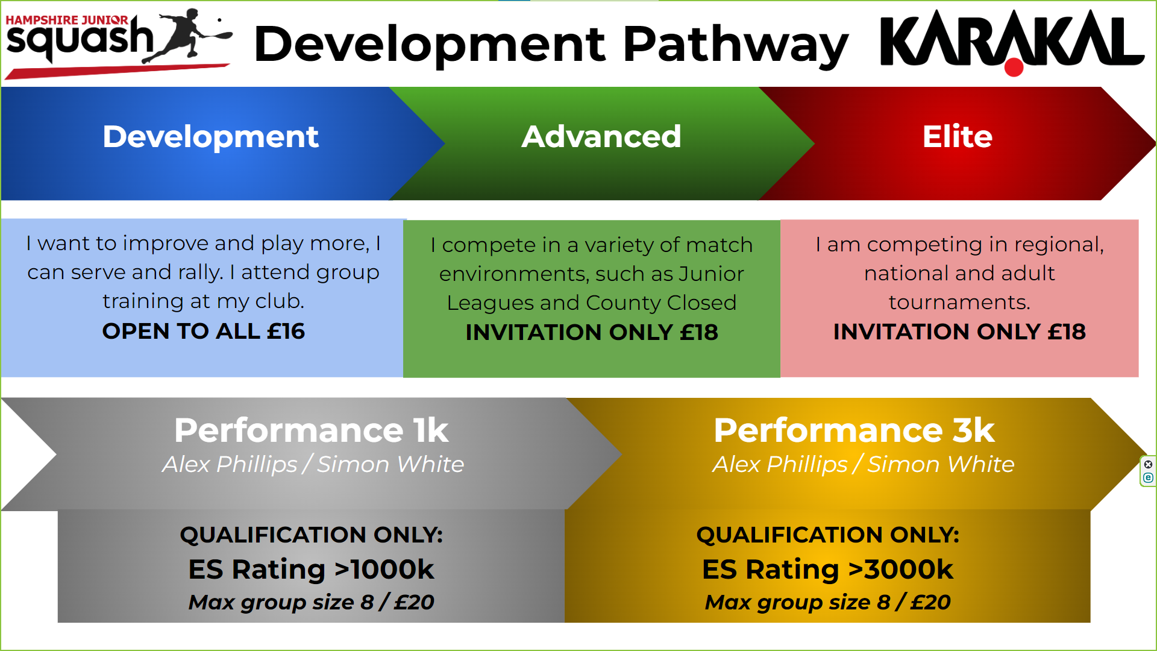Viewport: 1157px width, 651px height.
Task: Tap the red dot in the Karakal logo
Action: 1014,67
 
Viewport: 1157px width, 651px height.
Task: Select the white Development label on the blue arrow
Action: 210,137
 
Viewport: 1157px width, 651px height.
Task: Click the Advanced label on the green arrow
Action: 601,137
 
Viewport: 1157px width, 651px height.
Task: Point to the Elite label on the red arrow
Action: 958,137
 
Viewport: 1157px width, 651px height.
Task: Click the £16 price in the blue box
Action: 286,331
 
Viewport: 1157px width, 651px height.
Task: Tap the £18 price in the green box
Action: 699,332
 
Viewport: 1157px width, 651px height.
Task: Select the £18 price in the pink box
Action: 1067,332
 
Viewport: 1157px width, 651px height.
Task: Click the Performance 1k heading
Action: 311,430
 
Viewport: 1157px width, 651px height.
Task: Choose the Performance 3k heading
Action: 854,430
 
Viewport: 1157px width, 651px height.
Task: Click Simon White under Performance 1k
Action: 390,464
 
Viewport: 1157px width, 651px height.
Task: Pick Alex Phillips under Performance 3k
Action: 780,464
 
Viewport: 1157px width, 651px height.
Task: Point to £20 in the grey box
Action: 414,602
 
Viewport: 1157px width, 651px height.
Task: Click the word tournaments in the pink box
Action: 959,302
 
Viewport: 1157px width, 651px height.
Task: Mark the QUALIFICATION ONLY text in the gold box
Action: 827,535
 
